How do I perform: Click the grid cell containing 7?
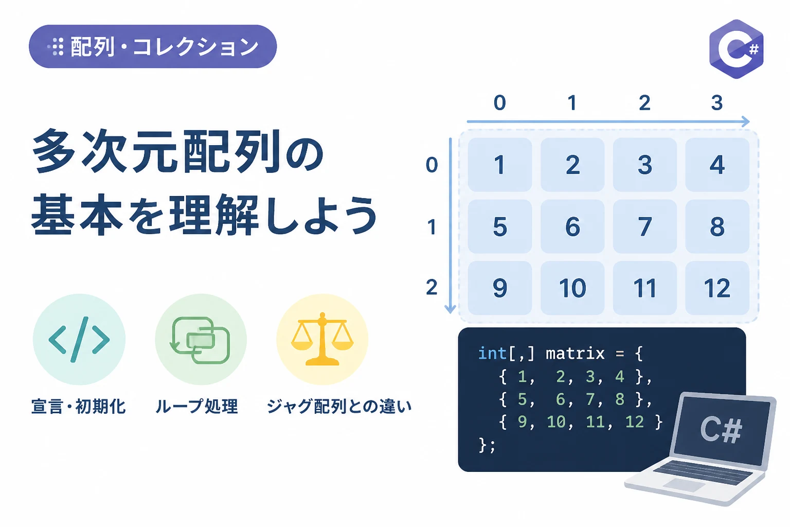click(644, 226)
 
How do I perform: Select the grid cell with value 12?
click(717, 288)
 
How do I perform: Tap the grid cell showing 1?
click(500, 165)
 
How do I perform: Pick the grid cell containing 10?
click(572, 288)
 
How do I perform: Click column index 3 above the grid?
click(716, 103)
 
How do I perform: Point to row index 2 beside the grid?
click(432, 287)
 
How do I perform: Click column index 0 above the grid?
click(500, 103)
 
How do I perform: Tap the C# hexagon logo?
click(737, 49)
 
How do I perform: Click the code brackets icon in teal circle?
click(79, 340)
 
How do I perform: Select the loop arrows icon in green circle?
click(200, 340)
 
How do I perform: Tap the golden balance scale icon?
click(322, 339)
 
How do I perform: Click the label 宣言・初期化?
click(78, 406)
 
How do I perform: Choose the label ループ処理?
click(196, 406)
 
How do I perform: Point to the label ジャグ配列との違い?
click(339, 406)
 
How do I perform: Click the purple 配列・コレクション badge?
click(153, 46)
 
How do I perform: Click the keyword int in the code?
click(492, 354)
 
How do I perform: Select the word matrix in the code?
click(575, 354)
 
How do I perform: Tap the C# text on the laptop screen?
click(721, 429)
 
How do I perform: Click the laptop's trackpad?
click(683, 485)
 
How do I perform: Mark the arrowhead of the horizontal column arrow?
click(745, 121)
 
